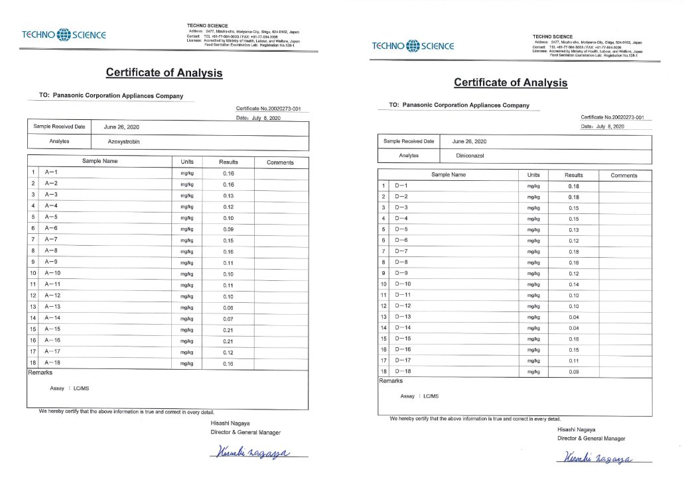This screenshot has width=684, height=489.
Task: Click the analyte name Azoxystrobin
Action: pyautogui.click(x=125, y=141)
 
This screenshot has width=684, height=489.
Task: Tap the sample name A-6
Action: pyautogui.click(x=52, y=229)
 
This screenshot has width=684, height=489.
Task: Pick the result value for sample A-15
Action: pyautogui.click(x=228, y=329)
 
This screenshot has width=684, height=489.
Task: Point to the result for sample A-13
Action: pyautogui.click(x=228, y=307)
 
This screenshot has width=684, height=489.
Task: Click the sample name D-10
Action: pyautogui.click(x=403, y=284)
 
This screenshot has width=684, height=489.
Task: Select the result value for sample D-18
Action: pyautogui.click(x=574, y=372)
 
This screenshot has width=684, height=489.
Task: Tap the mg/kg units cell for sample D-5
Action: pyautogui.click(x=533, y=230)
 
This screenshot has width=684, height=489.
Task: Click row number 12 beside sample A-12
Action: pyautogui.click(x=33, y=296)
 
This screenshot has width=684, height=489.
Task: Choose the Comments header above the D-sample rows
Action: pyautogui.click(x=624, y=176)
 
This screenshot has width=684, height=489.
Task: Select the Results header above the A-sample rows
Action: pyautogui.click(x=228, y=162)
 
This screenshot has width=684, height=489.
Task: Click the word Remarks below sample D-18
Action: pyautogui.click(x=391, y=381)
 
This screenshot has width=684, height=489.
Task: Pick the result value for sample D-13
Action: pyautogui.click(x=574, y=317)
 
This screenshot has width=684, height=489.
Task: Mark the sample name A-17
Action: pyautogui.click(x=53, y=352)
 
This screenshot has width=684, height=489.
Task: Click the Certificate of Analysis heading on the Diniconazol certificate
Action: pyautogui.click(x=510, y=83)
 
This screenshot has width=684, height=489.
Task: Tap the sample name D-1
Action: pyautogui.click(x=401, y=186)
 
